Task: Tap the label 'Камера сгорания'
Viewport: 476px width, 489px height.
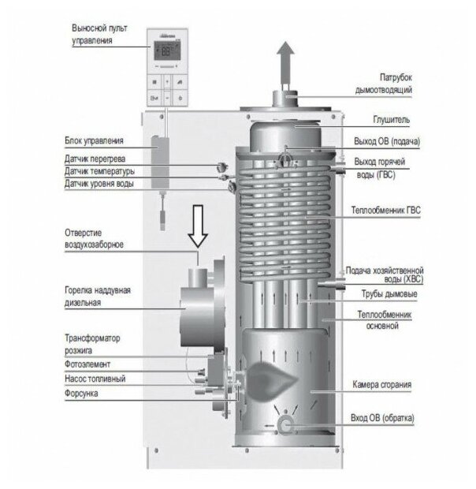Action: click(x=384, y=384)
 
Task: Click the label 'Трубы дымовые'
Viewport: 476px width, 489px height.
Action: click(x=389, y=294)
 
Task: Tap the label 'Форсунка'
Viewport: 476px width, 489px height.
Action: click(x=82, y=393)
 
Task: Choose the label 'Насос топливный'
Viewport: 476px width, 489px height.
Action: click(x=95, y=379)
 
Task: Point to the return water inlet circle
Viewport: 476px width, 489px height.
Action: click(x=282, y=425)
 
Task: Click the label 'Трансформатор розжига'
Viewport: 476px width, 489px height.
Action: click(x=91, y=344)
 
